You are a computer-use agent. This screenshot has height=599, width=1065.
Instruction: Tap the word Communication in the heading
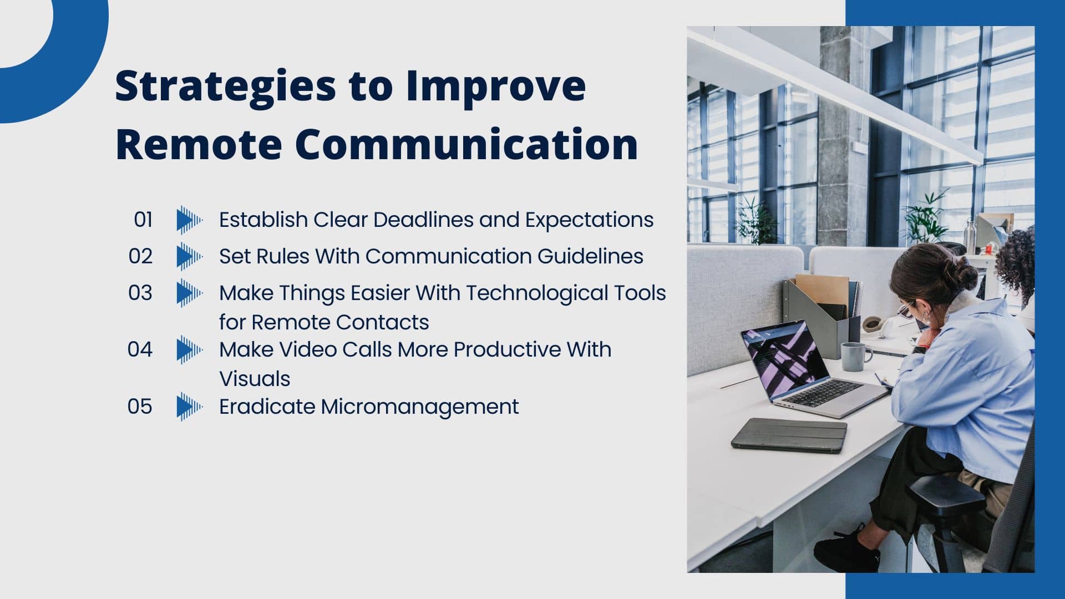pyautogui.click(x=466, y=144)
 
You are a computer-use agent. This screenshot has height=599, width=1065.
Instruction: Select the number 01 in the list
pyautogui.click(x=143, y=220)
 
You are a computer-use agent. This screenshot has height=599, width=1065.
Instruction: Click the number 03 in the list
pyautogui.click(x=140, y=293)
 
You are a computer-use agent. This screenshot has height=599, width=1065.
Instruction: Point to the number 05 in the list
pyautogui.click(x=139, y=407)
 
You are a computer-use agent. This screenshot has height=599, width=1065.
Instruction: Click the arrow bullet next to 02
pyautogui.click(x=189, y=257)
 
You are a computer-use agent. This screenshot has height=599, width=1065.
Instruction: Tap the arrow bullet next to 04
pyautogui.click(x=189, y=350)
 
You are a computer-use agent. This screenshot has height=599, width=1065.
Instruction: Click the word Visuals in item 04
pyautogui.click(x=255, y=379)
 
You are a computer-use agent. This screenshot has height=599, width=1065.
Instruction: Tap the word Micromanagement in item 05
pyautogui.click(x=419, y=407)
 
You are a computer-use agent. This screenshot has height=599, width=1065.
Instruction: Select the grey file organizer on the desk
pyautogui.click(x=821, y=322)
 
